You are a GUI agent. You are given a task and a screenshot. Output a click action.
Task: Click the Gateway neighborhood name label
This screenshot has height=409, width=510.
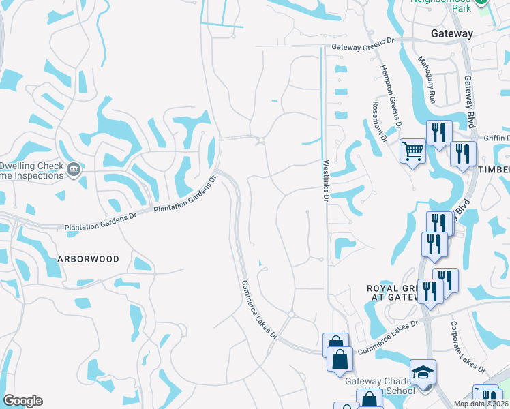tap(452, 33)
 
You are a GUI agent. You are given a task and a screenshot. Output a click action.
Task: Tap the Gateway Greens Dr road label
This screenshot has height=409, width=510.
tap(363, 48)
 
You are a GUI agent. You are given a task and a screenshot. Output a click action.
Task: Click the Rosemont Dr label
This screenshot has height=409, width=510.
tap(379, 121)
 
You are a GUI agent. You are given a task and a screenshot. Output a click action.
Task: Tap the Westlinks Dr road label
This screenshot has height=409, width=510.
tap(326, 181)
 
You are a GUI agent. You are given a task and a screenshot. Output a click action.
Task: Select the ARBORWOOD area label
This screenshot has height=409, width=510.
tap(88, 259)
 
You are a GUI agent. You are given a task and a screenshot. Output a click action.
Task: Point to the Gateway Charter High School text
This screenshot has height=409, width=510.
tap(380, 386)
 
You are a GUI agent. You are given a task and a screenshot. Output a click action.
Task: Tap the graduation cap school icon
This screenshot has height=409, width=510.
tap(423, 372)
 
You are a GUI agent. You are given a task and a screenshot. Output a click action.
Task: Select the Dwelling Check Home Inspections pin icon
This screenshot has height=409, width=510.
tap(74, 168)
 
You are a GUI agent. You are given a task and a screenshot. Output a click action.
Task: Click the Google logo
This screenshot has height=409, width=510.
tap(22, 401)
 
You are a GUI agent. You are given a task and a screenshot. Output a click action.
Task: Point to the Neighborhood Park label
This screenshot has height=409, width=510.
tap(441, 5)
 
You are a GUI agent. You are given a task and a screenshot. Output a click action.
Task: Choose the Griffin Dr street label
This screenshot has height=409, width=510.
tap(496, 136)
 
